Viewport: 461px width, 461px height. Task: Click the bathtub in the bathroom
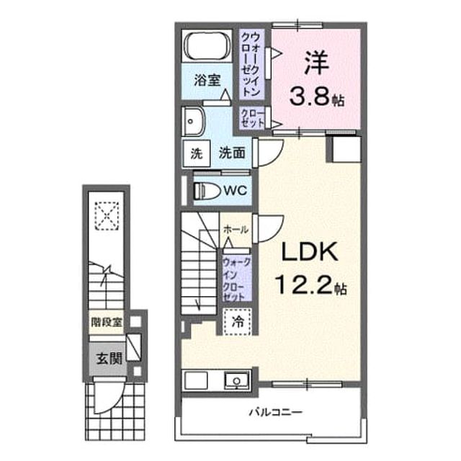click(207, 46)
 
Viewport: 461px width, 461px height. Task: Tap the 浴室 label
click(207, 80)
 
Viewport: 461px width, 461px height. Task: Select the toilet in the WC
click(207, 191)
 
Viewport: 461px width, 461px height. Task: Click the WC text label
click(235, 191)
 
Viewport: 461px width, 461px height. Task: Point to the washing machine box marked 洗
click(197, 153)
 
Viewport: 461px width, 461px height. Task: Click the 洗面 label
click(232, 153)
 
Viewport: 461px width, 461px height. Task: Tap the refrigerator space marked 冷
click(237, 321)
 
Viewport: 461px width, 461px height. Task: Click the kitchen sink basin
click(236, 380)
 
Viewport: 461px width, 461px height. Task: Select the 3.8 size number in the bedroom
click(310, 97)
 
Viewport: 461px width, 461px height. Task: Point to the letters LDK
click(310, 251)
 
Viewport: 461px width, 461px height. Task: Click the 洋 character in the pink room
click(316, 63)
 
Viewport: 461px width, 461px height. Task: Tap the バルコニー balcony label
click(275, 412)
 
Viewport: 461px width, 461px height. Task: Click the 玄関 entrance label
click(109, 359)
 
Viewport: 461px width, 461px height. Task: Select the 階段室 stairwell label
click(106, 323)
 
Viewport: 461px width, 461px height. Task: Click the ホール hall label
click(236, 230)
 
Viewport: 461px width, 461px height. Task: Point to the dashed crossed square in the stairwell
click(107, 217)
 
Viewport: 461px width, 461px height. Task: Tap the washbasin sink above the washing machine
click(192, 122)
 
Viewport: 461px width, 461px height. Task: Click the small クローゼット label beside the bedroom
click(252, 118)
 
